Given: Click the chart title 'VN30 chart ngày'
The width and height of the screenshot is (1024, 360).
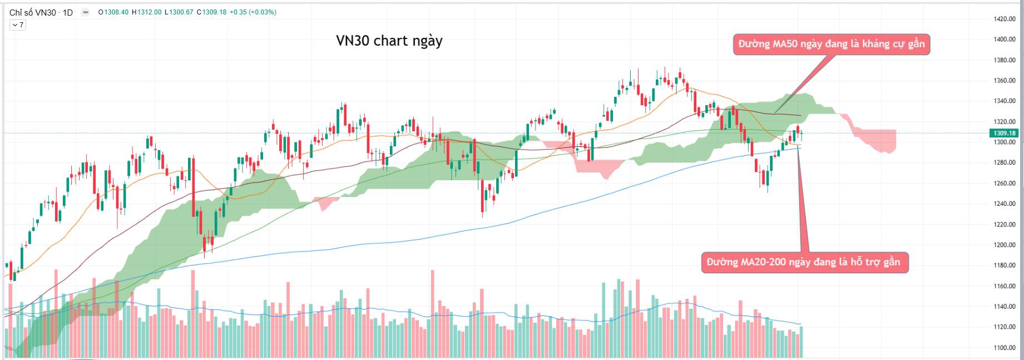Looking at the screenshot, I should [389, 41].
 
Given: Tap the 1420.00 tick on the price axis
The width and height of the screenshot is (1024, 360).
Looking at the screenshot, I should [1005, 19].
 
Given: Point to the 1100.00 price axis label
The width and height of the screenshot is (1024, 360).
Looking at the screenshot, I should [1005, 348].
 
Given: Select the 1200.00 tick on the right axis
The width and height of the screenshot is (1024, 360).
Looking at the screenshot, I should [1005, 245].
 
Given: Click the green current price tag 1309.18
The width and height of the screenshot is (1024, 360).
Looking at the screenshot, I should [1005, 133].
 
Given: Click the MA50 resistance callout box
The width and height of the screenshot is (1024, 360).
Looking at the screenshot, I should [832, 44].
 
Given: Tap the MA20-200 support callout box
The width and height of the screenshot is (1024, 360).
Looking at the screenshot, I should [804, 262].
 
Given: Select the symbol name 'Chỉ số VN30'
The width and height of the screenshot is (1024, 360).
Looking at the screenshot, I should [33, 12].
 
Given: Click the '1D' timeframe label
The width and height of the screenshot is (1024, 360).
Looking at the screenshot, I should [67, 12].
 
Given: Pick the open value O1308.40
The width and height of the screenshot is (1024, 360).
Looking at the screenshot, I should [113, 12].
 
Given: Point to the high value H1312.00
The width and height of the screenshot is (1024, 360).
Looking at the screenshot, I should [146, 12].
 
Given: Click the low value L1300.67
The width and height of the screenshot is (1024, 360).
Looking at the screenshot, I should [179, 12].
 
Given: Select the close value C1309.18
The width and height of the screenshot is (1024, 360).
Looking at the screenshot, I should [211, 12].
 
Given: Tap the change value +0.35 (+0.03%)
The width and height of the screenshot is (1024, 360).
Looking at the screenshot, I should [254, 12].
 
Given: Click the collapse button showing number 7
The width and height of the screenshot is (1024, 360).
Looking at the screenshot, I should [17, 25].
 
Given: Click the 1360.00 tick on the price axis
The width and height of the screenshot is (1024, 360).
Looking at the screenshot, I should [1005, 81].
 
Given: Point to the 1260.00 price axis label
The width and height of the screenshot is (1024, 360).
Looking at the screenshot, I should [1005, 183].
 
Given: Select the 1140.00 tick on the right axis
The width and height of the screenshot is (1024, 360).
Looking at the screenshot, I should [1005, 307].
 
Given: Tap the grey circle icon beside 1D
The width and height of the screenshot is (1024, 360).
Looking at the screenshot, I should [85, 12].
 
